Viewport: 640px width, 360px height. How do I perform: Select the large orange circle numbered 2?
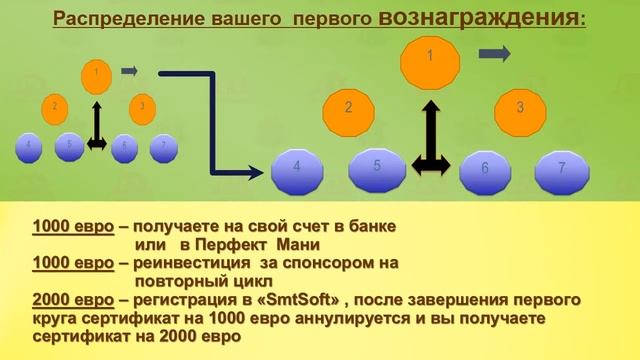point(348,107)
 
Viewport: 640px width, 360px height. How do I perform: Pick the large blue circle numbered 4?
point(298,170)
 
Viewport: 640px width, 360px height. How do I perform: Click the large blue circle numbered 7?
point(562,170)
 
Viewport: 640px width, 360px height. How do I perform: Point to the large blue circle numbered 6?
point(485,170)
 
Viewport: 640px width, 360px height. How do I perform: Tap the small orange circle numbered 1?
point(95,73)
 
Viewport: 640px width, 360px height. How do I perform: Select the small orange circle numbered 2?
point(56,106)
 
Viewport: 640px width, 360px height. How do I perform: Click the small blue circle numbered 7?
point(163,146)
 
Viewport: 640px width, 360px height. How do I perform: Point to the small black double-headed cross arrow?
point(96,130)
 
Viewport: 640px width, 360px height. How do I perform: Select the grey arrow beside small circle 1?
point(129,71)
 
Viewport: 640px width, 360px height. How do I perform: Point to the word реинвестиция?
point(188,262)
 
